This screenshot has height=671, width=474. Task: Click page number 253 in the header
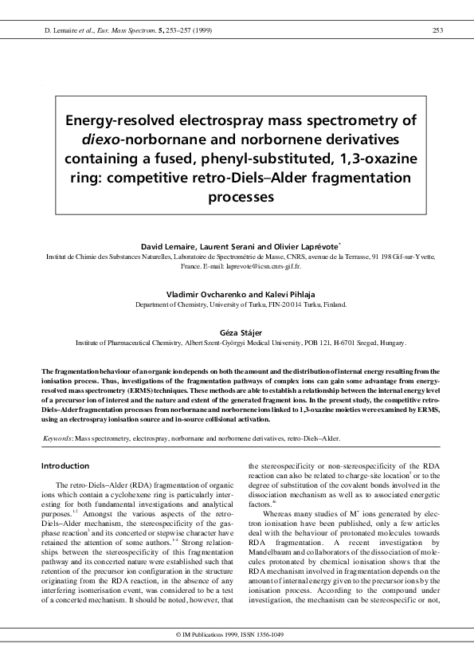437,30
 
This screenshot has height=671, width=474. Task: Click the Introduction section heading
65,465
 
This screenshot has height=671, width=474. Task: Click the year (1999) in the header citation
198,30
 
